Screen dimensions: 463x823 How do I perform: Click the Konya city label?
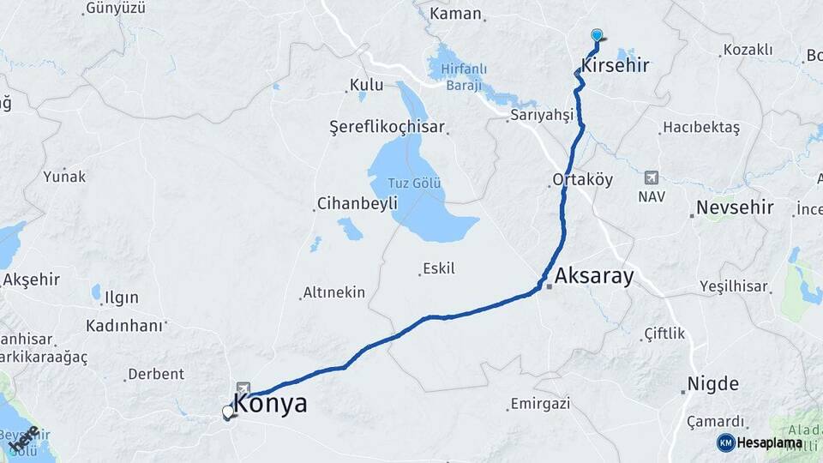tap(271, 404)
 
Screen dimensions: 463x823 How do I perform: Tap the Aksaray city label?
tap(594, 276)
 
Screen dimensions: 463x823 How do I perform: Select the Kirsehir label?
tap(615, 65)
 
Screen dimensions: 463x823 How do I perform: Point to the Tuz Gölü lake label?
tap(415, 182)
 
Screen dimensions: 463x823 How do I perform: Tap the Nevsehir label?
tap(735, 207)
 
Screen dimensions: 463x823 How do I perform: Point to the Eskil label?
tap(439, 268)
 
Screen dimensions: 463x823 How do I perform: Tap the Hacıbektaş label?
tap(700, 128)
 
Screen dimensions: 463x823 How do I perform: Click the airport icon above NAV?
tap(651, 177)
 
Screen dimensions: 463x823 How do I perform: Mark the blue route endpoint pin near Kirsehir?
tap(597, 35)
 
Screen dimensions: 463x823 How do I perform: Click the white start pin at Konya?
tap(228, 412)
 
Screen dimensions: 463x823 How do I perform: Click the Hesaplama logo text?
tap(769, 442)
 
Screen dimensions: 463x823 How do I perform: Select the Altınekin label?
tap(333, 293)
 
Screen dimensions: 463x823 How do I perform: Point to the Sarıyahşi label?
tap(541, 115)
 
